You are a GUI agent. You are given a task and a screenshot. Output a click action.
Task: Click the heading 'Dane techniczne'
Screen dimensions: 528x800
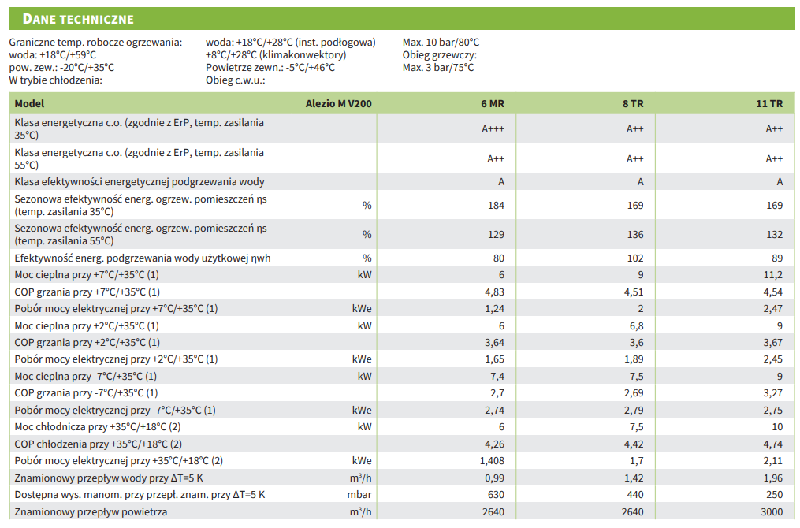78,19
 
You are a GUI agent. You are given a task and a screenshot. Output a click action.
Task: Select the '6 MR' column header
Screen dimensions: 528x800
493,103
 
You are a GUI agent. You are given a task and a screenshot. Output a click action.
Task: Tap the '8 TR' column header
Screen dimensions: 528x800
633,103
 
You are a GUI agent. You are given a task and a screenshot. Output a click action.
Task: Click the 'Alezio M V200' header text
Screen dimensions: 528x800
338,103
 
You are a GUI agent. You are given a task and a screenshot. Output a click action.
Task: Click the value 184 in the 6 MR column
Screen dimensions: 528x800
496,205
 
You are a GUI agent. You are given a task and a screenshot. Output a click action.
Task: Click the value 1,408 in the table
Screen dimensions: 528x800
491,461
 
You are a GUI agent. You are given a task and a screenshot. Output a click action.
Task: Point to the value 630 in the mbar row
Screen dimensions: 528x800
496,495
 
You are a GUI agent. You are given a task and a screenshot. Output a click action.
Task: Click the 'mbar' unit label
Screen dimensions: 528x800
359,495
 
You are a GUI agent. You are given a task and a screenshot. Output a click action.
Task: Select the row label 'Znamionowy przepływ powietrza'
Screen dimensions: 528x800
91,512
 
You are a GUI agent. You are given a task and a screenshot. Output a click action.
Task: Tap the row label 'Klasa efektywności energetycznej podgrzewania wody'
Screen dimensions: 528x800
140,182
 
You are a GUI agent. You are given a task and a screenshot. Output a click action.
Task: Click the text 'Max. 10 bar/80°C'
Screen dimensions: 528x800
441,43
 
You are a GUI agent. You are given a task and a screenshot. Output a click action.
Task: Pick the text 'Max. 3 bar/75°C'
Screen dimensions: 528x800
438,68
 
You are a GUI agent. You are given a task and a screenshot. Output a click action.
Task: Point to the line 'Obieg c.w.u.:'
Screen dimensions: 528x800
236,80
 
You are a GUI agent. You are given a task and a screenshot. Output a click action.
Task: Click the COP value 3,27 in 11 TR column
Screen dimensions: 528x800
772,393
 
